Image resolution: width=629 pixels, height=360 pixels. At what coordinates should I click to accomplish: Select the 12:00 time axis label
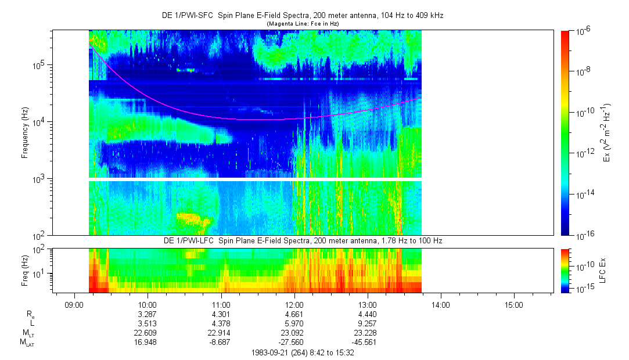(294, 305)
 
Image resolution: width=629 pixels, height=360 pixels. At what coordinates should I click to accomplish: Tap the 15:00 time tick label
(515, 305)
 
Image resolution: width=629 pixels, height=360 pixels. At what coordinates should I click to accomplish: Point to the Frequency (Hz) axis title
(25, 133)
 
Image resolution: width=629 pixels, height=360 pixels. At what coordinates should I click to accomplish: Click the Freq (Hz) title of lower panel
(25, 270)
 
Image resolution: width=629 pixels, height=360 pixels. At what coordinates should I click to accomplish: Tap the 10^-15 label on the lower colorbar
(581, 289)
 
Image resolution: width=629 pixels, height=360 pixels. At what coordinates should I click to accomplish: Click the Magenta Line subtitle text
(302, 23)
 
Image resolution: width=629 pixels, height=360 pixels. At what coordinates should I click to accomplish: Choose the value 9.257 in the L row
(368, 323)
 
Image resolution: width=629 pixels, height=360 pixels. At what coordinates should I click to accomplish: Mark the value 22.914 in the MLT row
(221, 333)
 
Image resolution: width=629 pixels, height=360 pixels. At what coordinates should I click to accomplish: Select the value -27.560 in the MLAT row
(294, 342)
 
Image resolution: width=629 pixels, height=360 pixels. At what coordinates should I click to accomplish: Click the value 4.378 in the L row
(221, 323)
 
